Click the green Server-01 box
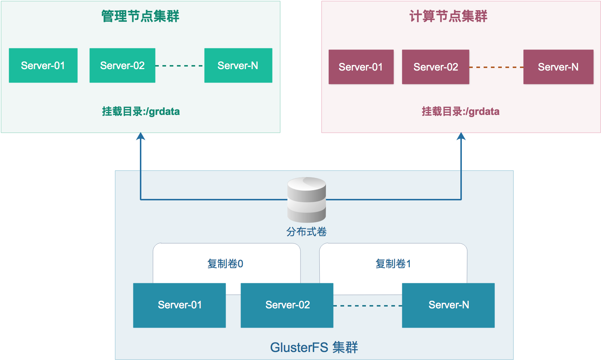43,65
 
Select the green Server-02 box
122,65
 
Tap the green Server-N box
238,65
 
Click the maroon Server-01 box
361,67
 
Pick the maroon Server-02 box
436,67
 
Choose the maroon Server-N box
558,67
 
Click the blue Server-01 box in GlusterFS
180,305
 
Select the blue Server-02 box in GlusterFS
287,305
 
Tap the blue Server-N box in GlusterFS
448,305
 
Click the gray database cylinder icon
307,200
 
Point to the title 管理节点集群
140,16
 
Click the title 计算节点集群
448,16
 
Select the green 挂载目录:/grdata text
141,111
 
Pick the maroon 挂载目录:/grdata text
460,111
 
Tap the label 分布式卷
307,232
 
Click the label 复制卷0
225,264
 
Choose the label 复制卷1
393,264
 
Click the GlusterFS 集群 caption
314,347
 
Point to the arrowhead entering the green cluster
141,137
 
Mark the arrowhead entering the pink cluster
461,137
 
